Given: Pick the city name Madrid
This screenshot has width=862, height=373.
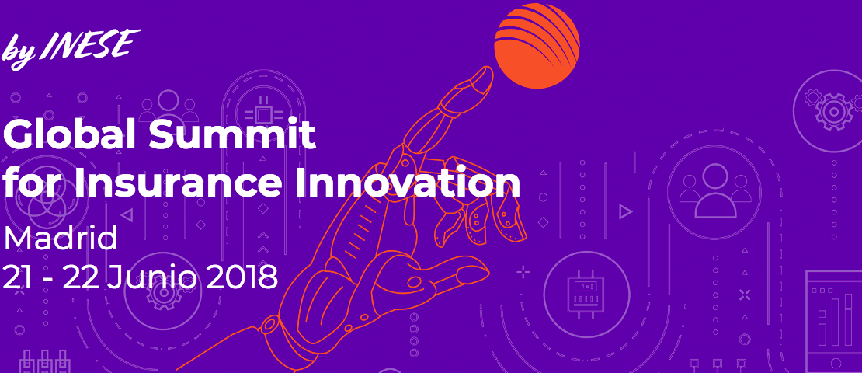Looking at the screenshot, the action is point(60,239).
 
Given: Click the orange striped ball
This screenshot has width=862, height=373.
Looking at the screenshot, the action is point(537,46).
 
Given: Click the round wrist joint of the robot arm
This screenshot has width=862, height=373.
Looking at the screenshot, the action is point(270,324).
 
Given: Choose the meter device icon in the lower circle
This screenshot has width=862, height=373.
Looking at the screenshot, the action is point(586,293).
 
